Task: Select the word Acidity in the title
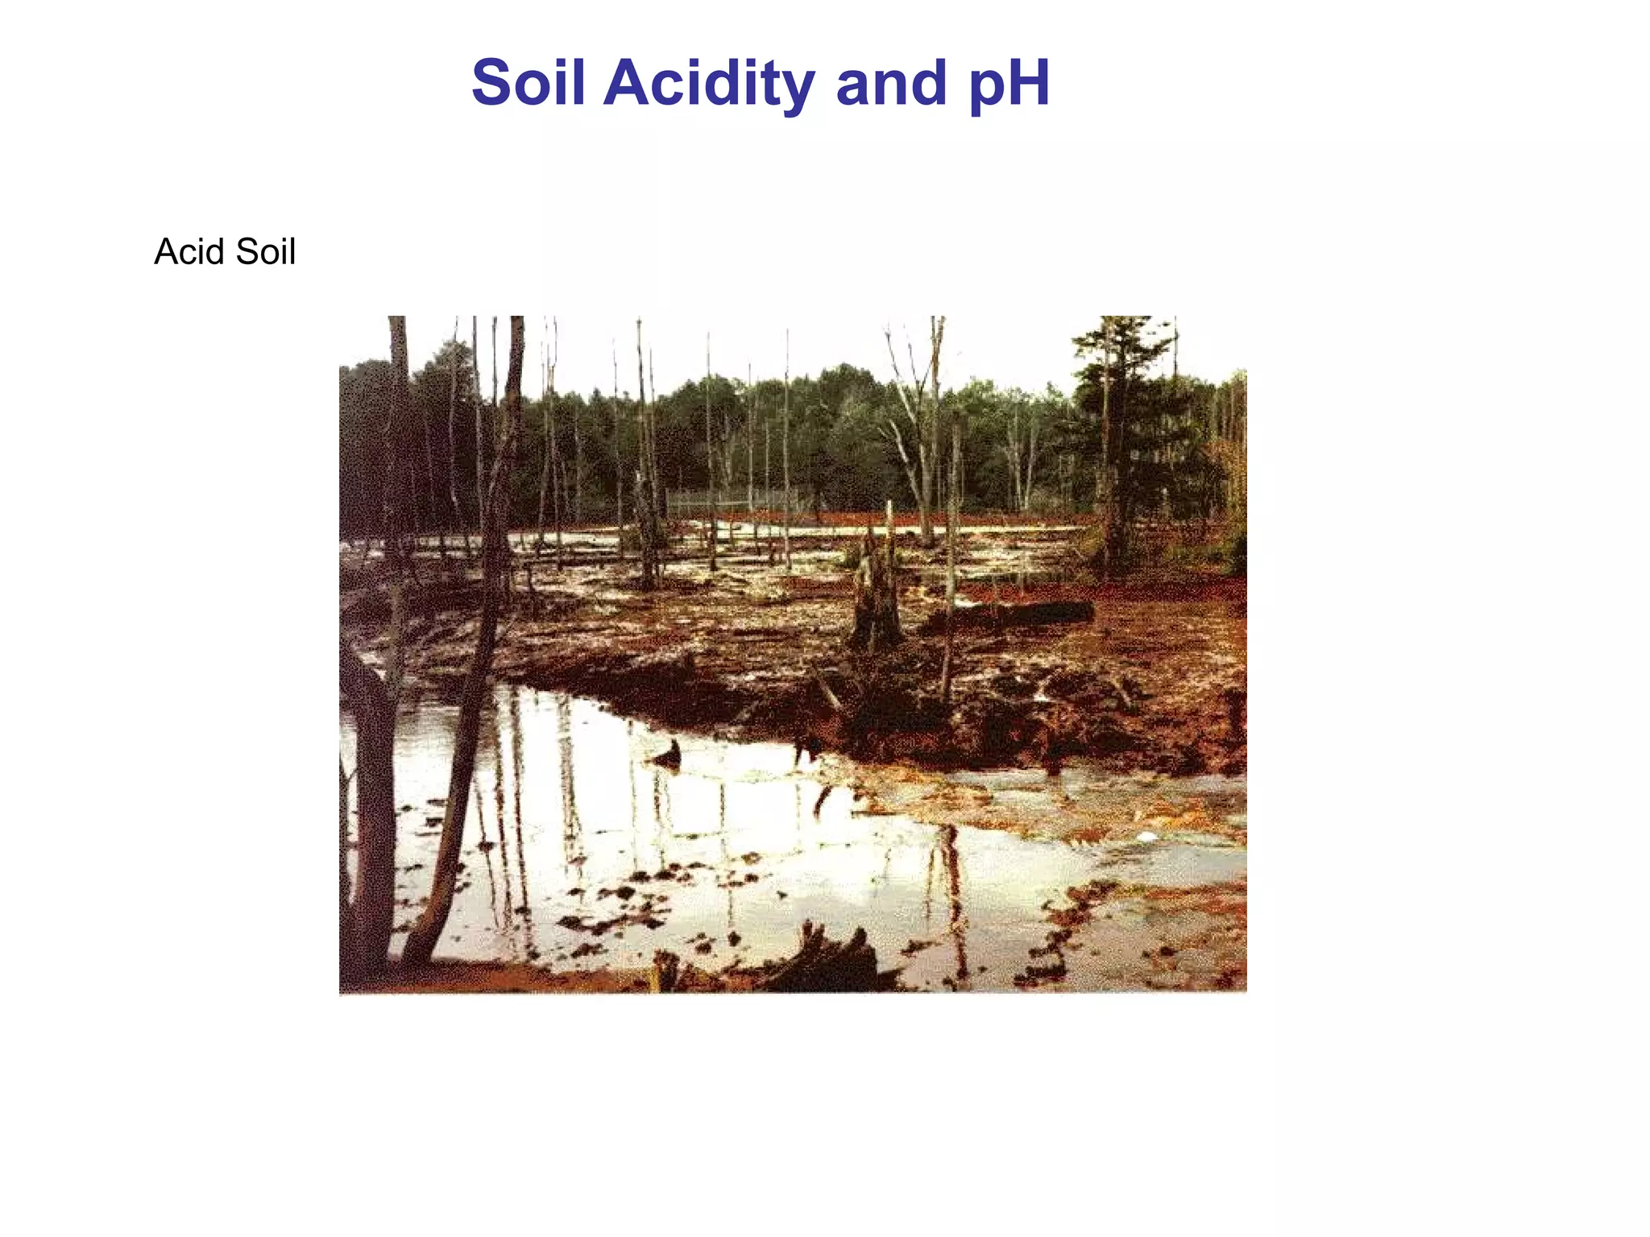(x=709, y=84)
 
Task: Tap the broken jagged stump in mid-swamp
(x=876, y=596)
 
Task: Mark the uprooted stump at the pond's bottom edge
(x=830, y=962)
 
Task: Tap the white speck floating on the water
(x=1146, y=838)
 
